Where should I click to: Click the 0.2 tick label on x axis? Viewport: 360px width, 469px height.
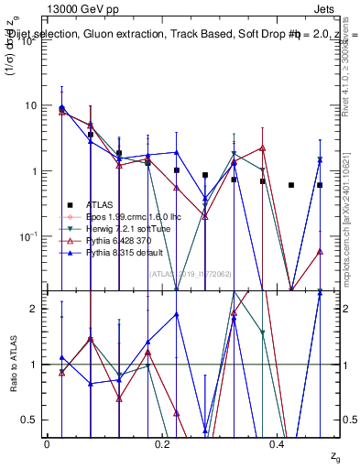pos(162,442)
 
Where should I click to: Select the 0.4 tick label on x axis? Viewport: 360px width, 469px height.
pos(277,442)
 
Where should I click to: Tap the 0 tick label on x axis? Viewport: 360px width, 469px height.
pos(47,442)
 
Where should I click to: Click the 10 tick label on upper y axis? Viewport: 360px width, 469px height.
pos(31,105)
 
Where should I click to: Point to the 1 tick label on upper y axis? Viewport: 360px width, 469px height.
pos(34,171)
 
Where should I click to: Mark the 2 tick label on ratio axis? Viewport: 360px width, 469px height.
pos(34,309)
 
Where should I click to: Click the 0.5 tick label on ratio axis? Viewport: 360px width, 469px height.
pos(29,420)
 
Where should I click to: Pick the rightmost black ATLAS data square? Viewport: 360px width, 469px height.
pos(320,185)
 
